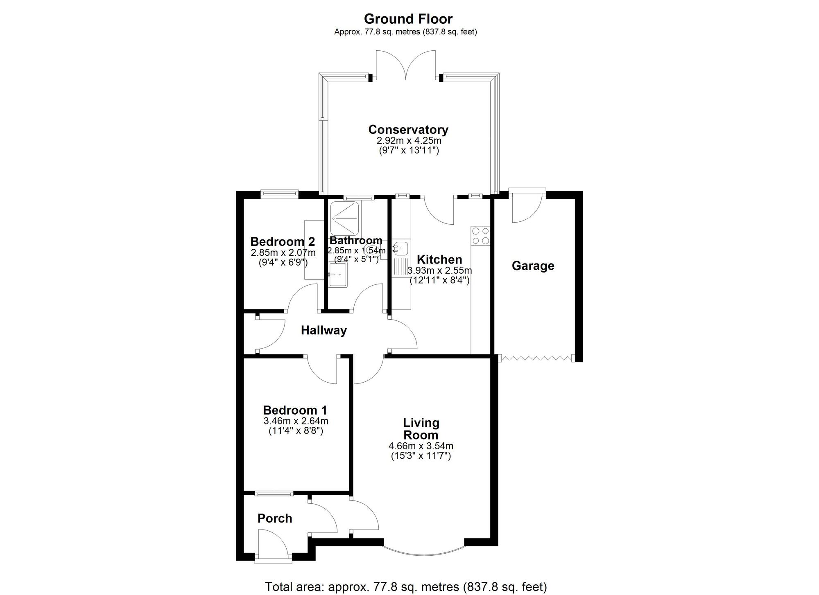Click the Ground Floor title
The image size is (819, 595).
408,19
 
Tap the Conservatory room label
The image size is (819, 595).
408,129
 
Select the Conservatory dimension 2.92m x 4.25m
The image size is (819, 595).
409,141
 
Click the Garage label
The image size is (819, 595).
533,266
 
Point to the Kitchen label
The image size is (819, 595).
439,259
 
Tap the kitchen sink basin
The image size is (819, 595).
400,247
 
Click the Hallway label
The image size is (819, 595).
324,330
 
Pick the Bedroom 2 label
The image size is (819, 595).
283,241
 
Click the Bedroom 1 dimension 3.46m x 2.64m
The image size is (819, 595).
296,421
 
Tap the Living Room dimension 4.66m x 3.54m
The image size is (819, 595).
421,446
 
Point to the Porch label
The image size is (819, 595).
275,518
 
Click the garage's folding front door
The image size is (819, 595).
535,358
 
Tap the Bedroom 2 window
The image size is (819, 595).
280,194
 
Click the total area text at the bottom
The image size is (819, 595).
406,587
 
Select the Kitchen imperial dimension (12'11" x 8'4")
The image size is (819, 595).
439,281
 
